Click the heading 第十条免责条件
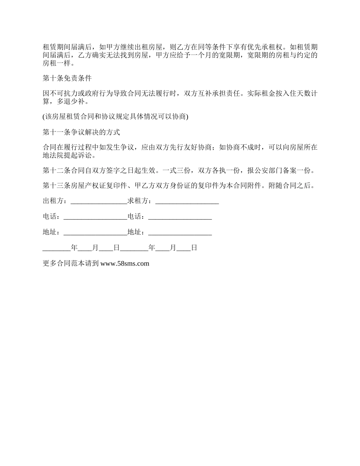pyautogui.click(x=67, y=78)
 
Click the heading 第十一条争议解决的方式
pyautogui.click(x=81, y=132)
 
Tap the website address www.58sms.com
pyautogui.click(x=125, y=264)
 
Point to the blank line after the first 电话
pyautogui.click(x=95, y=217)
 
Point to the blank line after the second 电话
pyautogui.click(x=180, y=217)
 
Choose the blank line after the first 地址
pyautogui.click(x=95, y=233)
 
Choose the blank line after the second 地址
pyautogui.click(x=180, y=233)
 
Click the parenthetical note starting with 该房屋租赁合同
pyautogui.click(x=116, y=117)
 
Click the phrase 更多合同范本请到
pyautogui.click(x=71, y=264)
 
